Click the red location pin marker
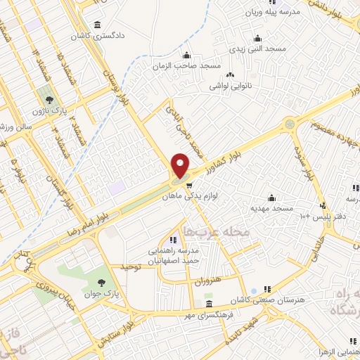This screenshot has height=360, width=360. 181,165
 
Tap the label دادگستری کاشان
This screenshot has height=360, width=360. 94,34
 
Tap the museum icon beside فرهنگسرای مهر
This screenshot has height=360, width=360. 209,304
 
